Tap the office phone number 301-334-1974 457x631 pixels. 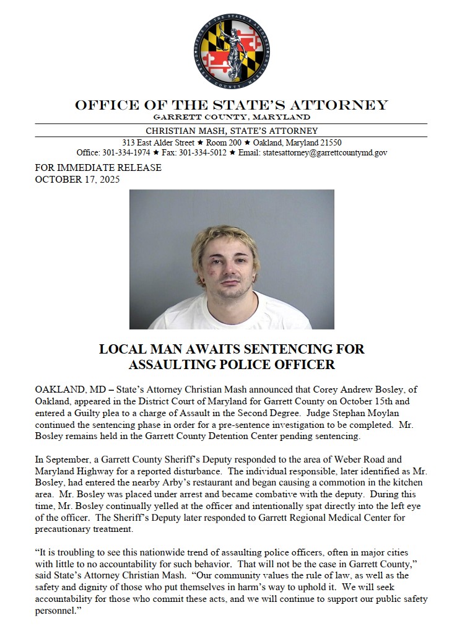126,152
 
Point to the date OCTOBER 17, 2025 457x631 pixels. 77,180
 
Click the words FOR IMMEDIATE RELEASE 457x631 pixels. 98,168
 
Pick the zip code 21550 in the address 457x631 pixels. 329,142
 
